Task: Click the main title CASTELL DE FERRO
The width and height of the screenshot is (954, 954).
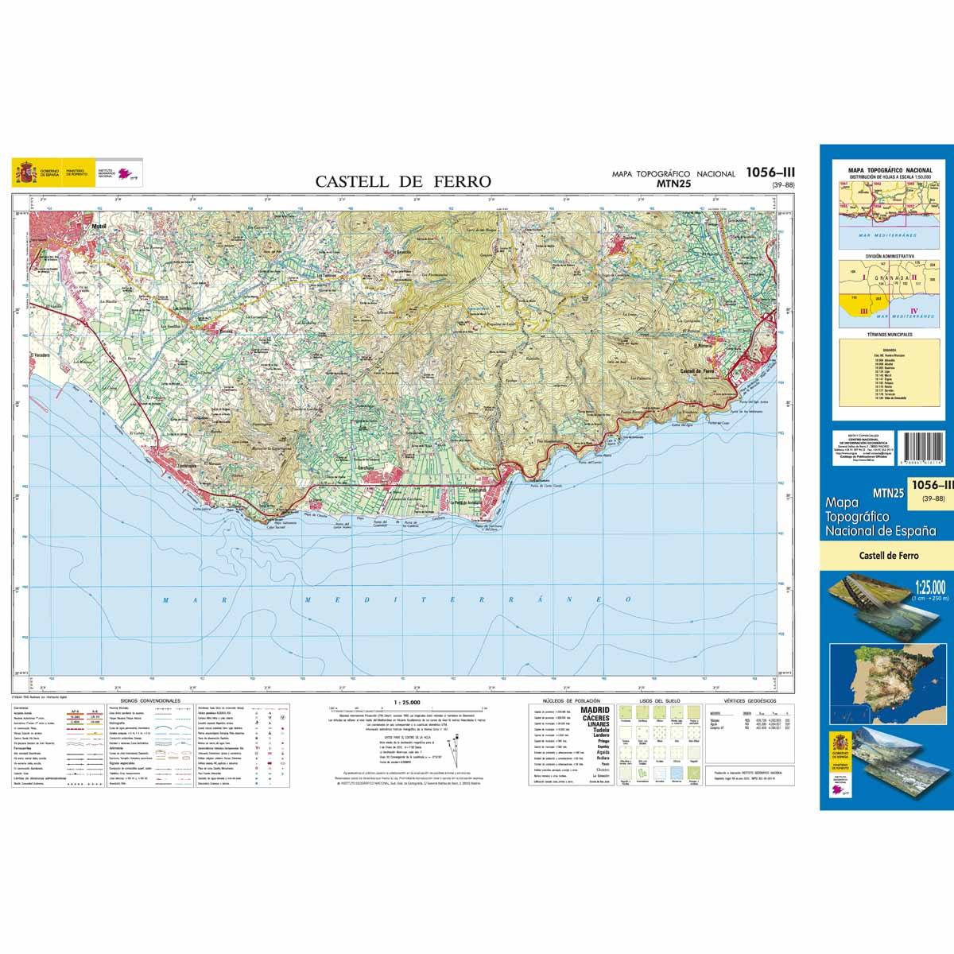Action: click(403, 181)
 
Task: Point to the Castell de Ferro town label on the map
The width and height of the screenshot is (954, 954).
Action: click(700, 371)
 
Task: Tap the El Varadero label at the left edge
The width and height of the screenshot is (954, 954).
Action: click(41, 355)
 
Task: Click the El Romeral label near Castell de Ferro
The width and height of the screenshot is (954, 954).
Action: click(704, 346)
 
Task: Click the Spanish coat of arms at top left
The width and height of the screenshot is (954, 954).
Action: click(25, 172)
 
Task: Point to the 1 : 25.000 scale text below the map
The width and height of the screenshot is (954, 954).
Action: click(409, 701)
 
